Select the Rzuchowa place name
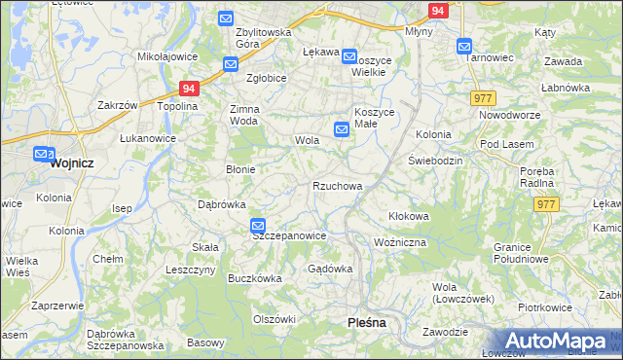(338, 185)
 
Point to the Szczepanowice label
(288, 235)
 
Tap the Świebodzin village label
(434, 159)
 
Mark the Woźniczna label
(400, 241)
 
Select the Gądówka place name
(329, 268)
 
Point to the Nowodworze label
(507, 115)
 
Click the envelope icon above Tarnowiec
(464, 45)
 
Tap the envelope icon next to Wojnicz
(42, 154)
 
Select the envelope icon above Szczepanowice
(257, 226)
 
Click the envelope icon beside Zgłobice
(231, 64)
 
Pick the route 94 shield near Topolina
(189, 88)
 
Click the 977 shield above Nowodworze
(483, 98)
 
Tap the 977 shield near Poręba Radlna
(545, 203)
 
